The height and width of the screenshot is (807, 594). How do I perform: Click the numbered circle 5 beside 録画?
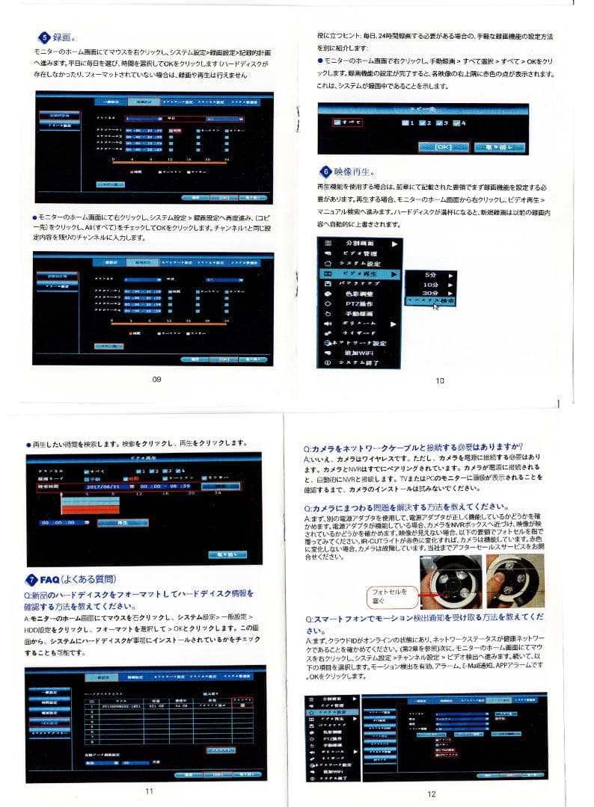tap(45, 37)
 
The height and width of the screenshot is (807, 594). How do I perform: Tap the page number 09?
tap(156, 380)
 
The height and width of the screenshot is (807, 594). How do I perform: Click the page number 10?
tap(440, 380)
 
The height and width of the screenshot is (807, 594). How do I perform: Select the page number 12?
tap(432, 794)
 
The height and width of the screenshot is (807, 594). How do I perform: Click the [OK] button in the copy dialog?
tap(443, 147)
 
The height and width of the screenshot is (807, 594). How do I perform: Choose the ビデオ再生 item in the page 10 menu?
tap(359, 274)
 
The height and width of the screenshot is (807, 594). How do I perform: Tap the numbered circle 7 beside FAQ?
tap(32, 579)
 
